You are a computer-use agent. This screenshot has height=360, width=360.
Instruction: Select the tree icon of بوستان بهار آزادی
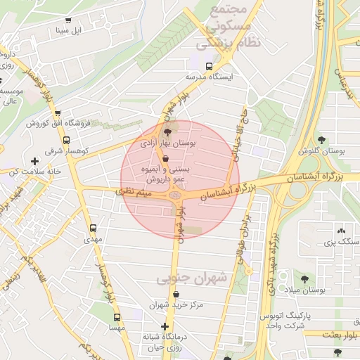(x=167, y=131)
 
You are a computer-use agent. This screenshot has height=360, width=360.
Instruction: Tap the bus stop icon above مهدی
(x=93, y=229)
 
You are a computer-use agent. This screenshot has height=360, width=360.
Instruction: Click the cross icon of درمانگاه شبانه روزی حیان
(x=165, y=327)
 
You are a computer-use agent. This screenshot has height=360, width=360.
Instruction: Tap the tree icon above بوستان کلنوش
(x=322, y=140)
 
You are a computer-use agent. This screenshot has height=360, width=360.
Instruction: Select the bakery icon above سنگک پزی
(x=342, y=231)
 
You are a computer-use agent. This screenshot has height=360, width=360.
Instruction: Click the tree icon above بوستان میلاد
(x=304, y=279)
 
